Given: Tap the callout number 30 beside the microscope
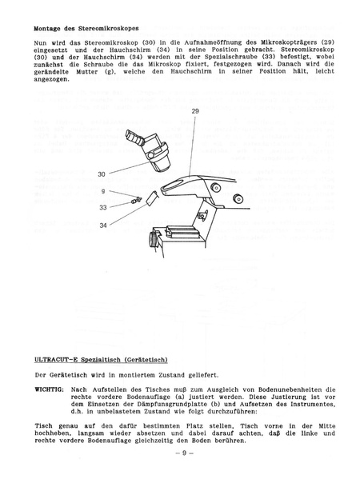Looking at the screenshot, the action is click(x=101, y=174).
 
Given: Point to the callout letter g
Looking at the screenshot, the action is click(x=103, y=191).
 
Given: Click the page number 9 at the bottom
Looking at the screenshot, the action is click(x=180, y=453).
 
